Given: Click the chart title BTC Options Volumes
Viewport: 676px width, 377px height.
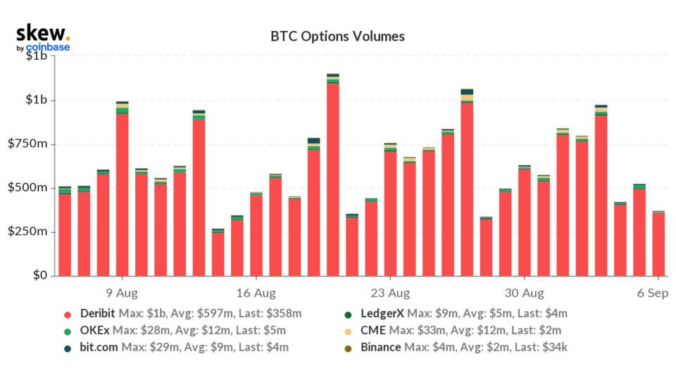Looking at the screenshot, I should tap(338, 36).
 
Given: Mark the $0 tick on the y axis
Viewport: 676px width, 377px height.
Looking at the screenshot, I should tap(38, 276).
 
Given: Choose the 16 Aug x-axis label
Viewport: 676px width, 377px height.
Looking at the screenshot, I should tap(256, 292).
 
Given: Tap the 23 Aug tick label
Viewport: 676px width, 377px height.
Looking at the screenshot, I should tap(390, 292).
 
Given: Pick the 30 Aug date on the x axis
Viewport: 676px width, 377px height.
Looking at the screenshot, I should tap(524, 292).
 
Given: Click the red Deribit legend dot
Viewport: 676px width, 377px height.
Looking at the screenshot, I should tap(68, 314).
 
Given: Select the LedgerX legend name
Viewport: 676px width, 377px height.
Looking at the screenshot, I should tap(382, 313).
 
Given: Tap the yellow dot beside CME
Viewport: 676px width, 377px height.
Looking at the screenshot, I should tap(348, 330).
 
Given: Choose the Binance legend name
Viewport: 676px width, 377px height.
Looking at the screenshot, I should tap(380, 347).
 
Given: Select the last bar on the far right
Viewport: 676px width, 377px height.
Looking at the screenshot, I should tap(658, 243).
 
